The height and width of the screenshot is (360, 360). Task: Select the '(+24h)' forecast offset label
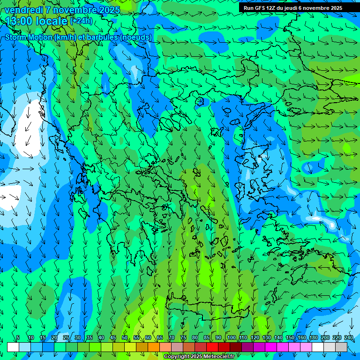[81, 21]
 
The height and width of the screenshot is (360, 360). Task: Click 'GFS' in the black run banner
[262, 8]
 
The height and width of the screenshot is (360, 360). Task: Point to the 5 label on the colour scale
[18, 338]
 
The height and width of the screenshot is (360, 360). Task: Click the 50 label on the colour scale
[125, 338]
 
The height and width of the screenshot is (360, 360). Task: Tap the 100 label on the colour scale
[231, 338]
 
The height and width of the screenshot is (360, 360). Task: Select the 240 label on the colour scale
[348, 338]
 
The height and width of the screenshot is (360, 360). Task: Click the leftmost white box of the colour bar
[13, 347]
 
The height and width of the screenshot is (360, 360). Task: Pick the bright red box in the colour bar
[212, 347]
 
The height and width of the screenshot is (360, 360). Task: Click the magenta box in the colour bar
[271, 347]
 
